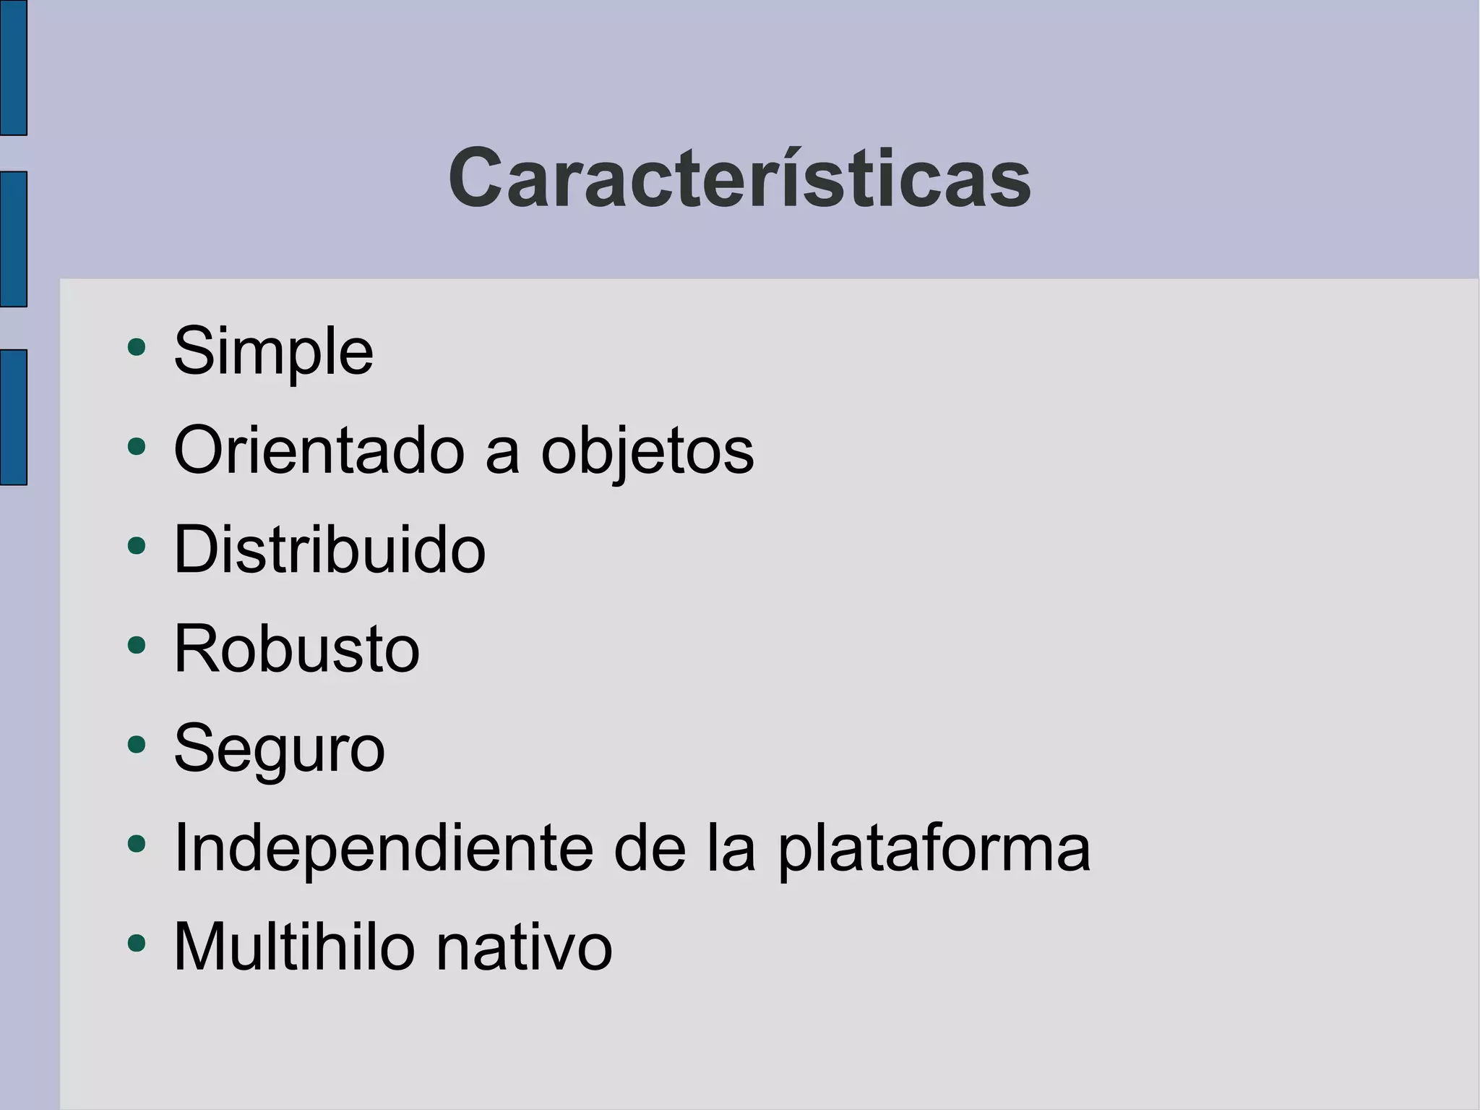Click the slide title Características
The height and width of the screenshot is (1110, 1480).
pos(739,179)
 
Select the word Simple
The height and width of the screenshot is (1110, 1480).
pos(273,351)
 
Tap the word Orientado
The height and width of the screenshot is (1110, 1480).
pos(319,451)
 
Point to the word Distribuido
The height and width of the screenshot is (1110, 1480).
pos(330,550)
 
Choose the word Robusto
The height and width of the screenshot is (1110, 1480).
pos(296,649)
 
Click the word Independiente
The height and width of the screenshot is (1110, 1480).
pos(383,848)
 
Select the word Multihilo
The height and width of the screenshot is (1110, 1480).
pos(294,947)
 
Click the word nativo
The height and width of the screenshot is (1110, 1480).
pos(524,947)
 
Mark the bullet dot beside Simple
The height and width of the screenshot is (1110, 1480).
pos(136,347)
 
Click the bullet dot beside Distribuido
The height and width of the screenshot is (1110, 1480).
pos(136,545)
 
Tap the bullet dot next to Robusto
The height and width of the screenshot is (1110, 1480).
pos(136,644)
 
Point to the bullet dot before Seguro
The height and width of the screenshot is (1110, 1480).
pos(136,743)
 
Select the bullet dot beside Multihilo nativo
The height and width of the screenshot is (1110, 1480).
pos(136,942)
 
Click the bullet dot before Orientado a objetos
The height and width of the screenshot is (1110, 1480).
pos(136,446)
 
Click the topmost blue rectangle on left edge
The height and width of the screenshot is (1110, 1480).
pos(13,67)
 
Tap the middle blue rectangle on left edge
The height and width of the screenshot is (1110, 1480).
pos(13,239)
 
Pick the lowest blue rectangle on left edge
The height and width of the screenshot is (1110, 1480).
pos(13,417)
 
